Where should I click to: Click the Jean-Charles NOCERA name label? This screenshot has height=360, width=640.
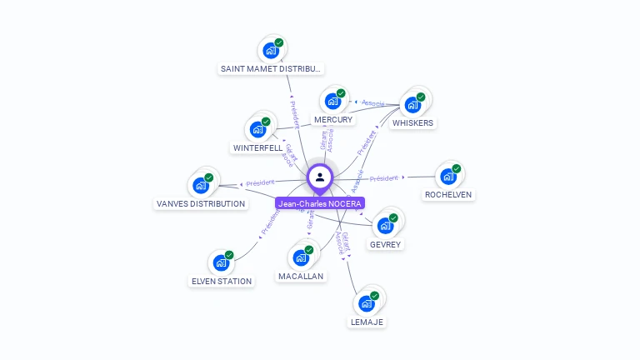click(319, 203)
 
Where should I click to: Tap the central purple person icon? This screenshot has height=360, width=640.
click(320, 177)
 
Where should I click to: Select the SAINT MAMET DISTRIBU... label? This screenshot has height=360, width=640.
click(271, 68)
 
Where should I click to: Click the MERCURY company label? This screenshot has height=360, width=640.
click(333, 120)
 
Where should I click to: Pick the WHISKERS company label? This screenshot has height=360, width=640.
click(412, 122)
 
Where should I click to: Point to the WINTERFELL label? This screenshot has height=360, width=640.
click(257, 147)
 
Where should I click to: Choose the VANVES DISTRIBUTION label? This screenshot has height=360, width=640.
click(201, 203)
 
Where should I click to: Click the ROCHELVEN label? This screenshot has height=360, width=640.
click(448, 194)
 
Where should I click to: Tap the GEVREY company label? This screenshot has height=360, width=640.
click(385, 244)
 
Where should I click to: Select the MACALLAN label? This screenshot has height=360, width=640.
click(301, 276)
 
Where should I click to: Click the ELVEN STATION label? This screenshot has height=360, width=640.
click(222, 281)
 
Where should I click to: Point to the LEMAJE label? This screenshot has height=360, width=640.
click(367, 322)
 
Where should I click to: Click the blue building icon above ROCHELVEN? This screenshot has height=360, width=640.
click(448, 176)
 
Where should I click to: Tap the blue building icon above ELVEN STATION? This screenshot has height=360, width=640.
click(221, 262)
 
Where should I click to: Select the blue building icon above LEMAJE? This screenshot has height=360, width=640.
click(367, 303)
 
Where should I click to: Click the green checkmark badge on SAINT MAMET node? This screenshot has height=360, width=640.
click(279, 42)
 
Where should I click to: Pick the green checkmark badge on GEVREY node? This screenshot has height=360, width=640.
click(393, 218)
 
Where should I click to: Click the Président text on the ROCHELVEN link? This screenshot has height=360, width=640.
click(384, 177)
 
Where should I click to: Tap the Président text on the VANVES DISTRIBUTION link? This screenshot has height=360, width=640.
click(260, 182)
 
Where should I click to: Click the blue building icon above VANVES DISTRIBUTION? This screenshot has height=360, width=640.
click(201, 185)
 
